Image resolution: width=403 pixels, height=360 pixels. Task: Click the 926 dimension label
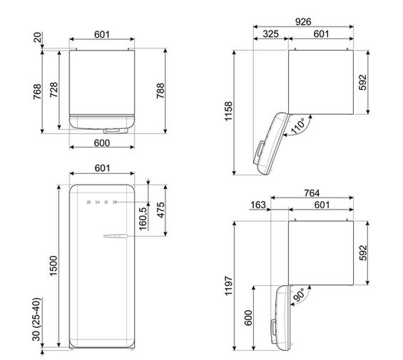[x=303, y=22]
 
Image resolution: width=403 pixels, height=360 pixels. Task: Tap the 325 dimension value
[x=270, y=34]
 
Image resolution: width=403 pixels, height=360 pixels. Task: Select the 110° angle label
[x=297, y=126]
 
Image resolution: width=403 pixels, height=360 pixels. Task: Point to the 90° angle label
[x=299, y=294]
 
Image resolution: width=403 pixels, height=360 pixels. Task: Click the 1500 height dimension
[x=53, y=266]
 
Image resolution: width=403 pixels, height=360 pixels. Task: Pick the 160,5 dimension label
[x=143, y=218]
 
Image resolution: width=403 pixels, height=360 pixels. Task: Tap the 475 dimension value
[x=161, y=210]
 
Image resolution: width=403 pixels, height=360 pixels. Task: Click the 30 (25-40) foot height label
[x=36, y=319]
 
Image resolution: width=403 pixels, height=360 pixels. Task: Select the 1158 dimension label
[x=228, y=111]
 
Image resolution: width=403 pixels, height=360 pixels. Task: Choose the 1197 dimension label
[x=228, y=286]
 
